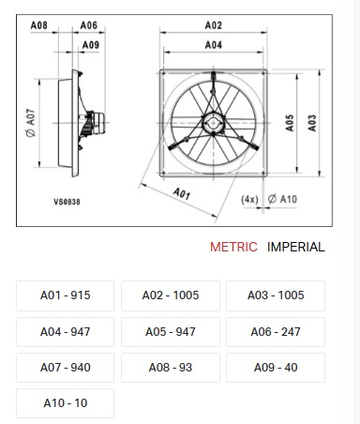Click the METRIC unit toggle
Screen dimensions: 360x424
[233, 247]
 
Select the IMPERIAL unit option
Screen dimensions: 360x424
[296, 247]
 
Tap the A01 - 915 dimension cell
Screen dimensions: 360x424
[65, 295]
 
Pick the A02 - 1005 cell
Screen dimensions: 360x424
[171, 295]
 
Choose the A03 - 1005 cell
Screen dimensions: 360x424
[276, 295]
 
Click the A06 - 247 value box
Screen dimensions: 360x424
[276, 332]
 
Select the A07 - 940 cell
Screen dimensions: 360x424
[65, 368]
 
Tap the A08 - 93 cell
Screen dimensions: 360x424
[171, 368]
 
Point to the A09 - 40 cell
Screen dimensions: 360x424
[276, 368]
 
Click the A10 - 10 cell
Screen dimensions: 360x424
[65, 403]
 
